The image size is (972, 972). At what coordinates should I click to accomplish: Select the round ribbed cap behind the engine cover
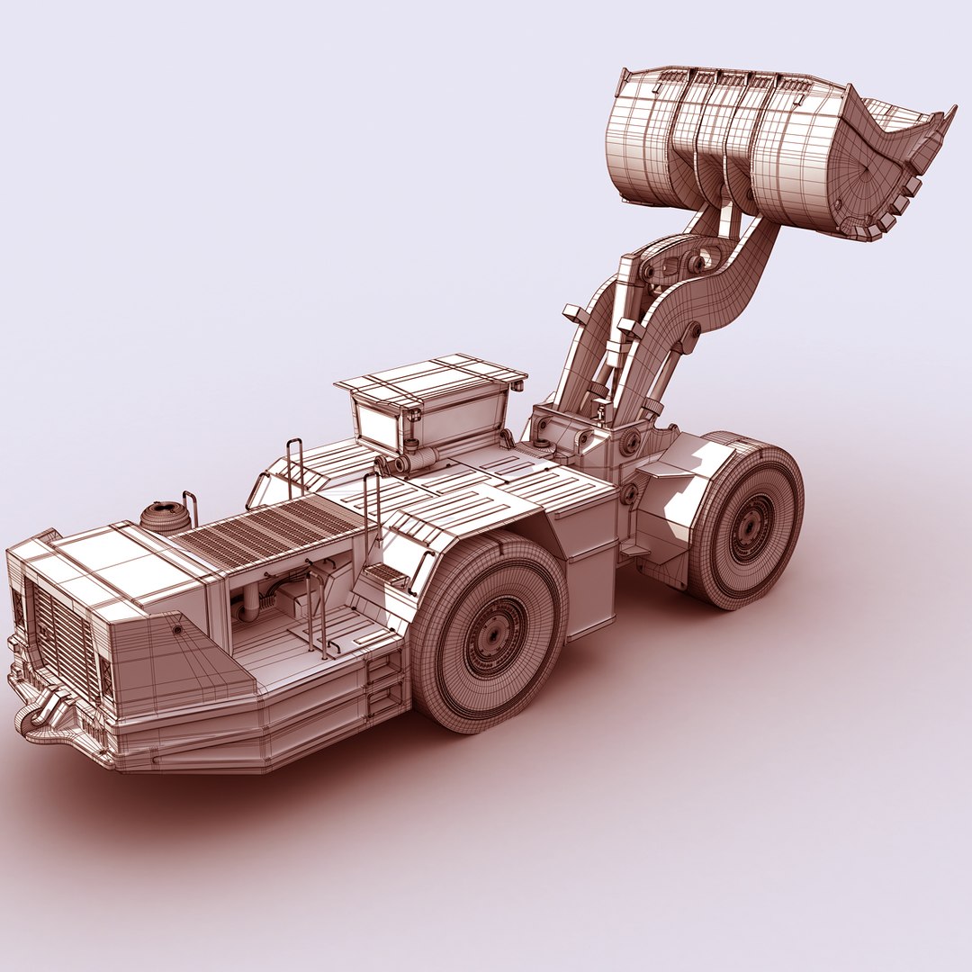pyautogui.click(x=165, y=517)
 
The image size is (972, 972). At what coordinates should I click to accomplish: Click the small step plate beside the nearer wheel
pyautogui.click(x=385, y=572)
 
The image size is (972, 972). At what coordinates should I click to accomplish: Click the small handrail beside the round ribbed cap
pyautogui.click(x=191, y=506)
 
